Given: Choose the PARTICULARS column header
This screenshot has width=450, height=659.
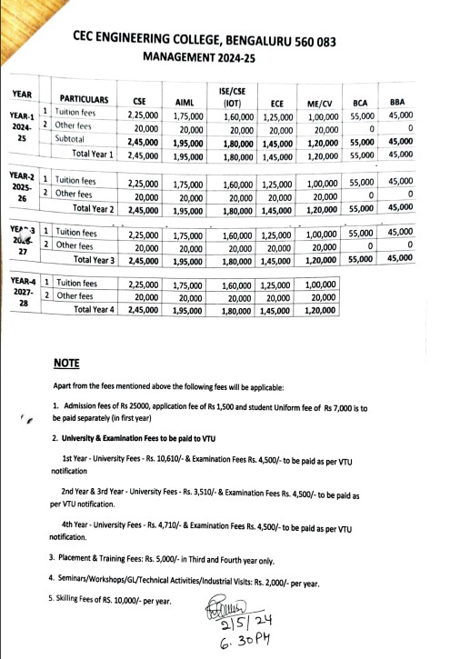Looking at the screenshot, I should tap(84, 98).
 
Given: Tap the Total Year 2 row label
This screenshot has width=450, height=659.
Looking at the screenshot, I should tap(94, 209).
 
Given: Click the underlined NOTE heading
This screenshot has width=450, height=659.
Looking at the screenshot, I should tap(65, 363).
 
